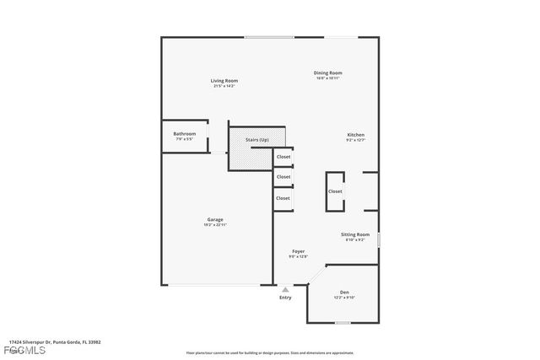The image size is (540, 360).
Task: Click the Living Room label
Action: (224, 81)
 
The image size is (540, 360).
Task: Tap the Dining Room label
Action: (329, 73)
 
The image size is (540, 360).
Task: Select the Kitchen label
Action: (356, 135)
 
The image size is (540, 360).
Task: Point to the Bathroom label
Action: (185, 133)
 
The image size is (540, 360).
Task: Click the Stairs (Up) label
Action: (257, 139)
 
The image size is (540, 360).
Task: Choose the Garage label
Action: (215, 219)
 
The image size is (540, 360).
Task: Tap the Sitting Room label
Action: (355, 234)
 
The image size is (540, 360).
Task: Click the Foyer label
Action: (299, 251)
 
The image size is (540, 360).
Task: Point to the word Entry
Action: (285, 298)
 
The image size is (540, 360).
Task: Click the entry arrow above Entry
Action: (285, 289)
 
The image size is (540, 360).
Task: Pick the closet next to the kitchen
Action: (335, 191)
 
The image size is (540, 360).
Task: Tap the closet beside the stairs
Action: (283, 157)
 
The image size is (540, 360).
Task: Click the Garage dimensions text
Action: (215, 225)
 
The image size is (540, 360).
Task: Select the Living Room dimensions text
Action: (224, 86)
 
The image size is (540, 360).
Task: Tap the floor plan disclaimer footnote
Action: (270, 352)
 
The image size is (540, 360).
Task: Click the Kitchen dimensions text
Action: (356, 141)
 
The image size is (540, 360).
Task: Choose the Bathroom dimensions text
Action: (185, 138)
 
